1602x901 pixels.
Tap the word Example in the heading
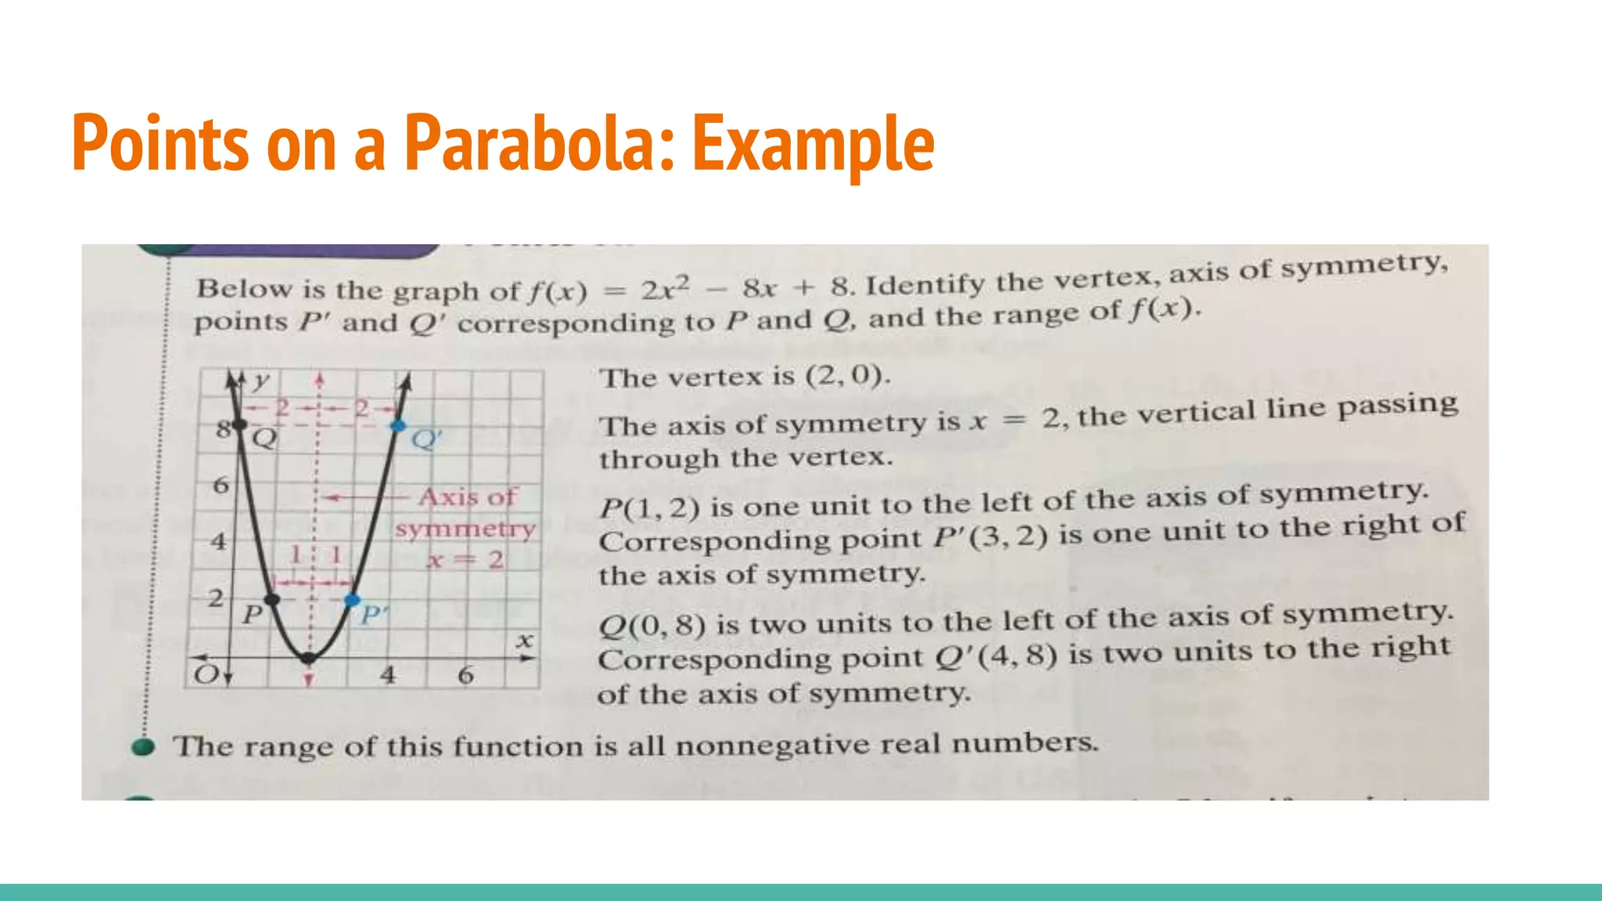pyautogui.click(x=814, y=144)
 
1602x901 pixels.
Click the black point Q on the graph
pyautogui.click(x=240, y=425)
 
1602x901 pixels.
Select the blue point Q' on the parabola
pyautogui.click(x=398, y=425)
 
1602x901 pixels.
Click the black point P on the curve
pyautogui.click(x=271, y=600)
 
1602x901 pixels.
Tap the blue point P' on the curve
pyautogui.click(x=353, y=600)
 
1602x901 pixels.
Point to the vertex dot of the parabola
pyautogui.click(x=309, y=659)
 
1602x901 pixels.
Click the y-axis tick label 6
pyautogui.click(x=221, y=486)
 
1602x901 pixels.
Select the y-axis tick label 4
pyautogui.click(x=219, y=540)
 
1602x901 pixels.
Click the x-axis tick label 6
pyautogui.click(x=466, y=674)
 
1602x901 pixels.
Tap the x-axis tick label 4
pyautogui.click(x=388, y=674)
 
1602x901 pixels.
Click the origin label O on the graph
pyautogui.click(x=206, y=674)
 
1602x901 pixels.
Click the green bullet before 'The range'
pyautogui.click(x=143, y=747)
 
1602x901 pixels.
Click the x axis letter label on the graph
pyautogui.click(x=525, y=641)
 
